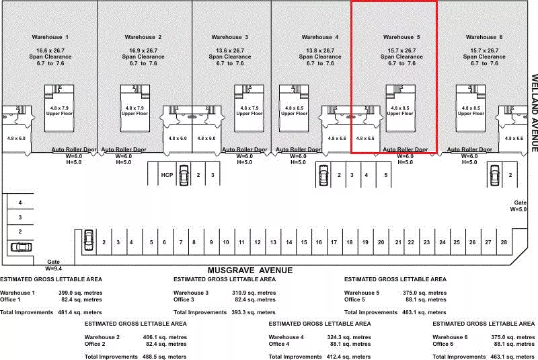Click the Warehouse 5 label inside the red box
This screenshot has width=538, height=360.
(x=401, y=37)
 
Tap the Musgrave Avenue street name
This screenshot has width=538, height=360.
(x=250, y=271)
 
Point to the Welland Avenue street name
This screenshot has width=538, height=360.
(x=534, y=113)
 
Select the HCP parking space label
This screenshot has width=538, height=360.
(x=167, y=175)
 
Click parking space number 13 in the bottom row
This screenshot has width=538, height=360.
(x=273, y=242)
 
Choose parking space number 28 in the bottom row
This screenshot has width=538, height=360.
(x=504, y=242)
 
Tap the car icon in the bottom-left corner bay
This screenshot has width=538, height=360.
(x=22, y=247)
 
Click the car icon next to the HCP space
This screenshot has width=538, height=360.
(x=184, y=175)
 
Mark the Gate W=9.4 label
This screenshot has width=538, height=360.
(x=54, y=265)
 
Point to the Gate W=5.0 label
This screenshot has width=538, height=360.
(x=518, y=206)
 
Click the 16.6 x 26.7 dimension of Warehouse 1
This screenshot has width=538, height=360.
(x=50, y=50)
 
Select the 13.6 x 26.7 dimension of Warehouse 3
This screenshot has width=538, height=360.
(x=230, y=50)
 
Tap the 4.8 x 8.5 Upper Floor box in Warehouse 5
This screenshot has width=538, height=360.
(x=400, y=108)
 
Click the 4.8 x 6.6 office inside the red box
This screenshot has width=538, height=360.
(x=365, y=139)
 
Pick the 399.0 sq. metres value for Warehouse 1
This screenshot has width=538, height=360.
(x=80, y=293)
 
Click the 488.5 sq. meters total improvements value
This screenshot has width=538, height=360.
(x=164, y=357)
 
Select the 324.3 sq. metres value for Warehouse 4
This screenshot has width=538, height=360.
(x=349, y=337)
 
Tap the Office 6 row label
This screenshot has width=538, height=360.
(x=443, y=344)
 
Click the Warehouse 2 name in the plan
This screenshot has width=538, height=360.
(x=143, y=37)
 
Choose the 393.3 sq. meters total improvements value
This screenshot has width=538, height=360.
(x=254, y=312)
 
